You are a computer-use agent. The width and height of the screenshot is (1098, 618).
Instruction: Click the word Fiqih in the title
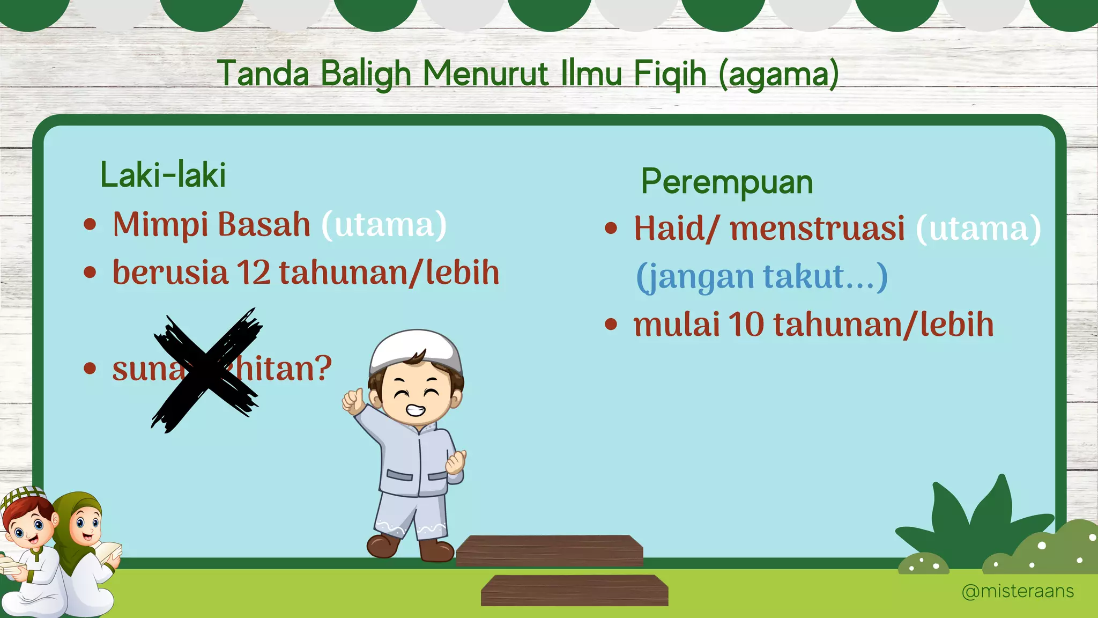point(670,73)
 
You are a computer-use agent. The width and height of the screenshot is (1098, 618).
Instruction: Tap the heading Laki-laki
point(163,175)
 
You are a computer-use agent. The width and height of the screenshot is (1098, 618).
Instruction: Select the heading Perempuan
point(727,182)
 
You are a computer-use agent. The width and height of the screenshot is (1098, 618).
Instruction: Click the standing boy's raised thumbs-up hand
point(353,401)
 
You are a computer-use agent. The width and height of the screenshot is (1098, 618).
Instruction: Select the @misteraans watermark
point(1017,591)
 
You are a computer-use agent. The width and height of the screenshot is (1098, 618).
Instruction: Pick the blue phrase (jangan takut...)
point(761,277)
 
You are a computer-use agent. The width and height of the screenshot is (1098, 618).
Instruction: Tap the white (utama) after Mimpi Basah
point(384,225)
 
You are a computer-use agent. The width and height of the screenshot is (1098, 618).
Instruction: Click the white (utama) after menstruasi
point(978,229)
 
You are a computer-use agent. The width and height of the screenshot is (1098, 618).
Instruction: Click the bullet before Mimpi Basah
point(90,224)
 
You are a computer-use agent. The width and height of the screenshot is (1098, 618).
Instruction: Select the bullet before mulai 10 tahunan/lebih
point(611,325)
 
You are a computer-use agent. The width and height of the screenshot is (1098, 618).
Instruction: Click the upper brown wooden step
point(549,550)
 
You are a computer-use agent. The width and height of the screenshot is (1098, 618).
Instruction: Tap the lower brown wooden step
point(574,590)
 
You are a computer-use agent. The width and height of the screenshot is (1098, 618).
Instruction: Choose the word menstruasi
point(817,229)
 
